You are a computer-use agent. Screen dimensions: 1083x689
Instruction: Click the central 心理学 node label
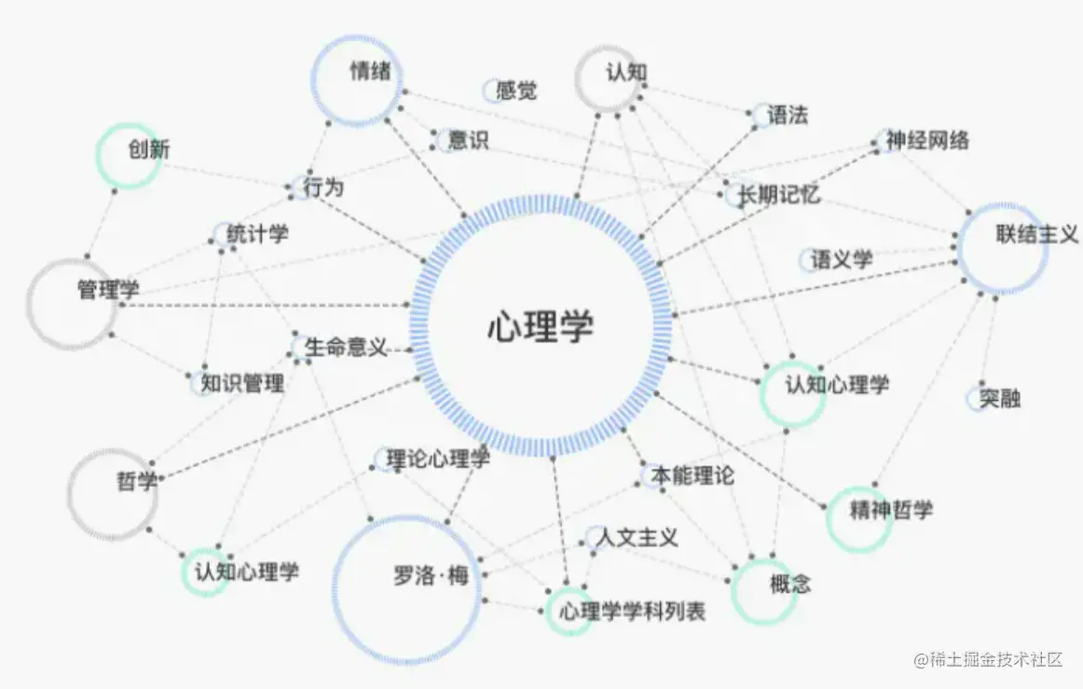point(541,327)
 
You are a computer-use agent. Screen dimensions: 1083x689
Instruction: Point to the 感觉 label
point(516,91)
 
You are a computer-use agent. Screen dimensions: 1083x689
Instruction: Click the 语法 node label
point(787,116)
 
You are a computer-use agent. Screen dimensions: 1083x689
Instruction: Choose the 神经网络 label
point(927,141)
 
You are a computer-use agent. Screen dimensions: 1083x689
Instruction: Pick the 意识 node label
point(468,141)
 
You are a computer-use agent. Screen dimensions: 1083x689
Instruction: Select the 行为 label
point(323,187)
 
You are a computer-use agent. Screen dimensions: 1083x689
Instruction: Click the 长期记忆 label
point(778,195)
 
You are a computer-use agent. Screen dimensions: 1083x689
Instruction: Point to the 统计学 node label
point(257,234)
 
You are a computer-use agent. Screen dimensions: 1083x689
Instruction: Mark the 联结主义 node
point(1004,248)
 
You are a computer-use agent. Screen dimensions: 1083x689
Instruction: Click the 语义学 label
point(842,259)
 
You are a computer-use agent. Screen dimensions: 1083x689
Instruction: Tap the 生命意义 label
point(346,349)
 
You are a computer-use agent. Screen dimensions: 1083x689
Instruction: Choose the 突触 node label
point(1000,399)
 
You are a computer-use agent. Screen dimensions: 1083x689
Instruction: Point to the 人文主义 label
point(637,538)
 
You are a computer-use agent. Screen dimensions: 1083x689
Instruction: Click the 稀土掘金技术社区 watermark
point(989,660)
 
